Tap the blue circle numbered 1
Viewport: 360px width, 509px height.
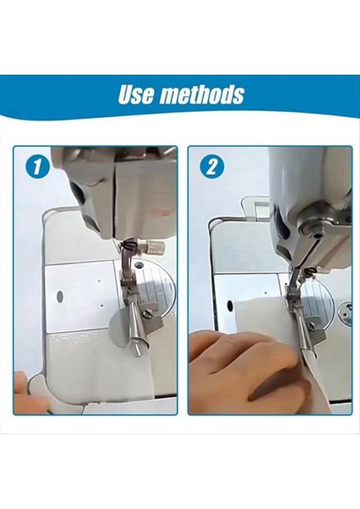coord(35,166)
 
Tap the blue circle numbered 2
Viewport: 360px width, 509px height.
coord(210,166)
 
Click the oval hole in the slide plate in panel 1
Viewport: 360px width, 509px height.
coord(59,298)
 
